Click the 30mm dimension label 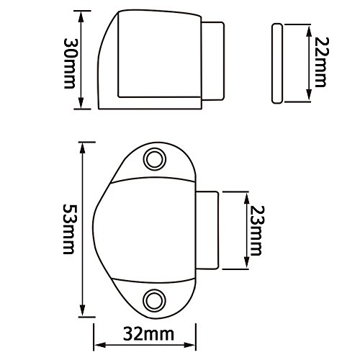pyautogui.click(x=70, y=63)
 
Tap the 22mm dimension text pyautogui.click(x=320, y=62)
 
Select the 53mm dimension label pyautogui.click(x=69, y=229)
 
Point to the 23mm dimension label pyautogui.click(x=256, y=230)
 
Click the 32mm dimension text pyautogui.click(x=148, y=334)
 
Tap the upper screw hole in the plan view pyautogui.click(x=155, y=159)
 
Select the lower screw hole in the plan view pyautogui.click(x=155, y=300)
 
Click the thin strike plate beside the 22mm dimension pyautogui.click(x=277, y=63)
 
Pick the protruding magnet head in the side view pyautogui.click(x=212, y=60)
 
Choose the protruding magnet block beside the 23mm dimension pyautogui.click(x=207, y=230)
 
